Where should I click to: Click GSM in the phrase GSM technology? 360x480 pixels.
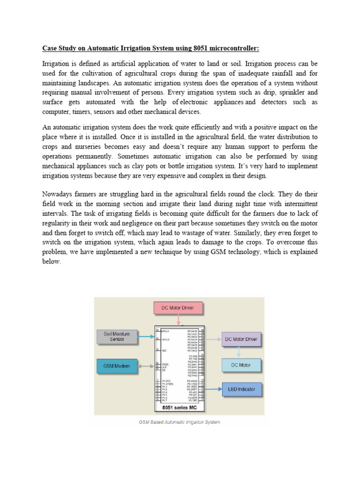click(x=207, y=252)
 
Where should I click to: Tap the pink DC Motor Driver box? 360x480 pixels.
click(x=178, y=308)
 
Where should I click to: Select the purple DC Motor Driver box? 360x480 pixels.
click(x=241, y=338)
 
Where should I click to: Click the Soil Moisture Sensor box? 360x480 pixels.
click(x=117, y=336)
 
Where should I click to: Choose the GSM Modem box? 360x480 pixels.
click(x=117, y=365)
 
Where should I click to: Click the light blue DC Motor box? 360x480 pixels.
click(x=241, y=365)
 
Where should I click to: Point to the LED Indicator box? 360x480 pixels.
click(x=241, y=389)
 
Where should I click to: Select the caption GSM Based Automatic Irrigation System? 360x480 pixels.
click(x=179, y=422)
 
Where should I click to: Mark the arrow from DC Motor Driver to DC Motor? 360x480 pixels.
click(x=239, y=352)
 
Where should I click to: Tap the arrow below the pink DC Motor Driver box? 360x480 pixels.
click(x=178, y=320)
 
